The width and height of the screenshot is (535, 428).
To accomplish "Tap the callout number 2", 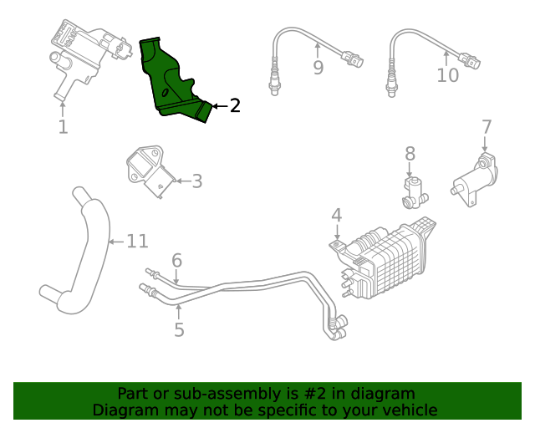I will coord(235,105).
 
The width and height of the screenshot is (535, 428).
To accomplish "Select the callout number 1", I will coord(63,127).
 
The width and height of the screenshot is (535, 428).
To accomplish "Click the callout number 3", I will coord(196,181).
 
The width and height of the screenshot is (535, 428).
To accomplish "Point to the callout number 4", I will coord(336,216).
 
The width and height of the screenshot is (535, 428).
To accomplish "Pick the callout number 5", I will coord(179,329).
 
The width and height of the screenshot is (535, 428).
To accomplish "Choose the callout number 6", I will coord(176,261).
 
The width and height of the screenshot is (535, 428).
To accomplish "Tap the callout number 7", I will coord(487,127).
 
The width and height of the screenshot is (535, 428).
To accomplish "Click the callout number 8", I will coord(410,154).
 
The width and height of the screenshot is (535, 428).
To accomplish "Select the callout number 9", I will coord(318,68).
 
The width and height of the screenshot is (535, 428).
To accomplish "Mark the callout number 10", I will coord(448,75).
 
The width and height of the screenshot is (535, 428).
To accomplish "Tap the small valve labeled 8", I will coord(413,191).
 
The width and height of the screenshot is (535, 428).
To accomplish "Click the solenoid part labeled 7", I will coord(474,178).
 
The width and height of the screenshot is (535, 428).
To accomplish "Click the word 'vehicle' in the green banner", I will coord(408,410).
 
